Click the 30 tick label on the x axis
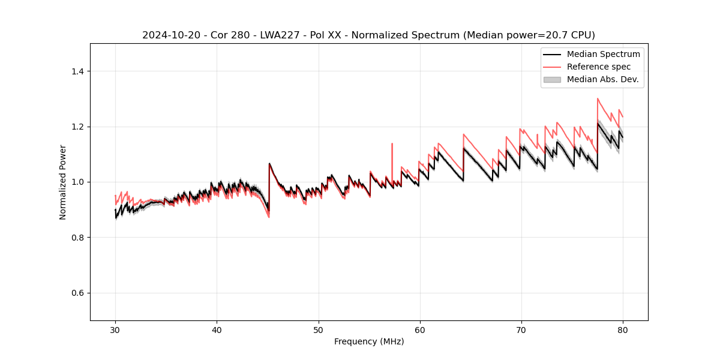point(115,330)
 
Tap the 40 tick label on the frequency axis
point(217,330)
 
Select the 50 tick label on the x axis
point(319,330)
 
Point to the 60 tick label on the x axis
point(420,330)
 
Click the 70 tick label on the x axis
point(521,330)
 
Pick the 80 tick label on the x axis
point(623,330)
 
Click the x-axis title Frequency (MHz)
point(369,341)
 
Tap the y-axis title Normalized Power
point(63,182)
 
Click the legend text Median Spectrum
point(603,54)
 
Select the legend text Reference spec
point(599,67)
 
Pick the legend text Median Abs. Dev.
point(603,79)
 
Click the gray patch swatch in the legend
point(552,79)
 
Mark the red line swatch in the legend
point(552,67)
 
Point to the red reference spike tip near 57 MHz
point(392,143)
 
